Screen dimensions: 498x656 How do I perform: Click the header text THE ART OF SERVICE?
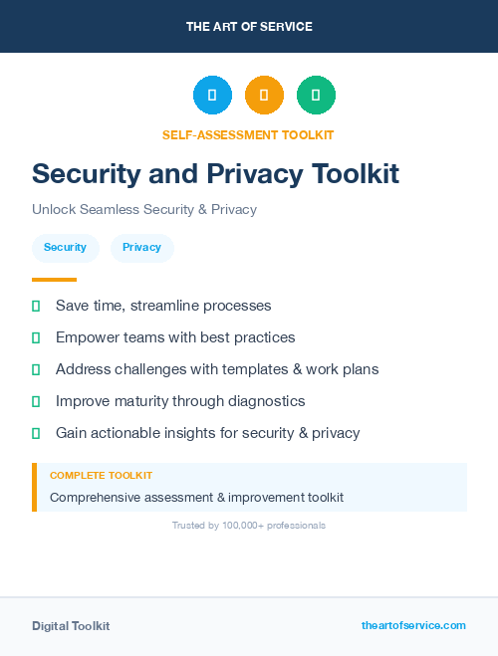click(249, 27)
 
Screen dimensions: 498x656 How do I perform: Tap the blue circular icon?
click(212, 96)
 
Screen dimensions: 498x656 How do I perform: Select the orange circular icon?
click(264, 96)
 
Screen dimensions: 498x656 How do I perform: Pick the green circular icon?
click(316, 96)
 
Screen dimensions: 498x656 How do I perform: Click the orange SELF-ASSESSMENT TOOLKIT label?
click(248, 134)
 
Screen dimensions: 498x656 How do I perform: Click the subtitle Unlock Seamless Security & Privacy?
click(144, 210)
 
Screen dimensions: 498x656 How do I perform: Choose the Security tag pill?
click(65, 248)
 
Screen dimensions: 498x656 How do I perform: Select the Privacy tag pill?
click(141, 248)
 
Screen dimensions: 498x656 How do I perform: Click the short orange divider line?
click(54, 280)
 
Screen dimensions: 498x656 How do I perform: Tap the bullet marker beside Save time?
click(36, 306)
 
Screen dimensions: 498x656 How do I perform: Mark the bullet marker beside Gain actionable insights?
click(36, 433)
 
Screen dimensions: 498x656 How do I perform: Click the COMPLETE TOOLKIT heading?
click(101, 476)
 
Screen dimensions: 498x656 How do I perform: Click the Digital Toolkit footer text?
click(71, 626)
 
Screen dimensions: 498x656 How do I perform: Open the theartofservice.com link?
click(413, 625)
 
